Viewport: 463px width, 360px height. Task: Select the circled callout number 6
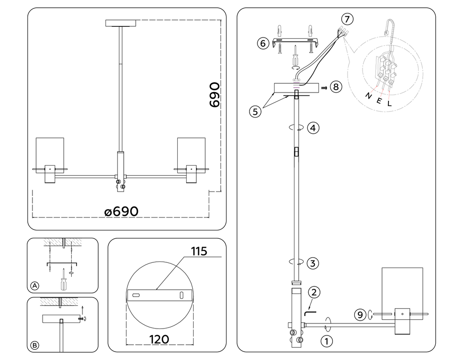point(263,43)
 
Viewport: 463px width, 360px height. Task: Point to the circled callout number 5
point(254,111)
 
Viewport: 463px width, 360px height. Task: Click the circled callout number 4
point(313,128)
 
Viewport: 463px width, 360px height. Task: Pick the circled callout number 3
point(313,263)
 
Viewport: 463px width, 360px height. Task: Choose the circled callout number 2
point(314,292)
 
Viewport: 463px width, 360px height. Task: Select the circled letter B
point(34,345)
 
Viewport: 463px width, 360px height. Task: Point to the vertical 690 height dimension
point(214,95)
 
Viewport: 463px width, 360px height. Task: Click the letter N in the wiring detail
point(369,96)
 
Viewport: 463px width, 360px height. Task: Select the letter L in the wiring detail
point(389,104)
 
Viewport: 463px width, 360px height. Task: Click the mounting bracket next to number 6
point(294,43)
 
